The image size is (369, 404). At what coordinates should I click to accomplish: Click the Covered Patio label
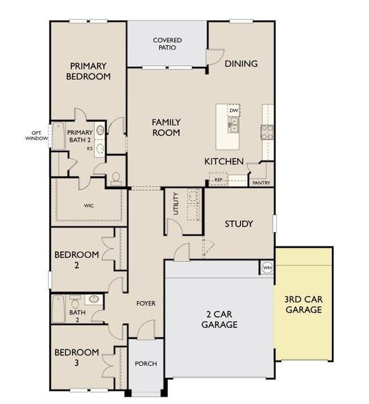click(x=167, y=44)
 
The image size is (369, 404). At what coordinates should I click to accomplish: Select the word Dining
click(x=242, y=64)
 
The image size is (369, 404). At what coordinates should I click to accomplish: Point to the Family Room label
click(x=165, y=127)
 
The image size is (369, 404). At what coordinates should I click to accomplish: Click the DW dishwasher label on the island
click(x=233, y=110)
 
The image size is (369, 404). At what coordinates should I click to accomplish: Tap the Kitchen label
click(x=224, y=162)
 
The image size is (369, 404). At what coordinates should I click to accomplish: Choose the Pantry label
click(x=261, y=182)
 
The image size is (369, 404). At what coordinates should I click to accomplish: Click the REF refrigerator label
click(x=218, y=180)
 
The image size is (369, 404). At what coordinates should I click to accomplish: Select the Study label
click(x=238, y=224)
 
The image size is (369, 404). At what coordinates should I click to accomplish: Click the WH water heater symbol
click(x=266, y=267)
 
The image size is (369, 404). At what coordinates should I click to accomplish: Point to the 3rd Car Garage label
click(x=302, y=304)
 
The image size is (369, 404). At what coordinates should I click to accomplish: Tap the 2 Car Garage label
click(x=219, y=319)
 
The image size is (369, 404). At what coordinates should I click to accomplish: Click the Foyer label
click(x=146, y=304)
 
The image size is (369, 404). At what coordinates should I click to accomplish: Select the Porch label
click(x=146, y=364)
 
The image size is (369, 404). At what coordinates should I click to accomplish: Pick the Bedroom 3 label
click(x=77, y=358)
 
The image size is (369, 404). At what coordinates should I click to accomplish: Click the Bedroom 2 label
click(x=77, y=260)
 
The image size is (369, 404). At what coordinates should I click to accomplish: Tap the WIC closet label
click(x=88, y=206)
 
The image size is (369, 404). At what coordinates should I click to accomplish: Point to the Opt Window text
click(x=34, y=135)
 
